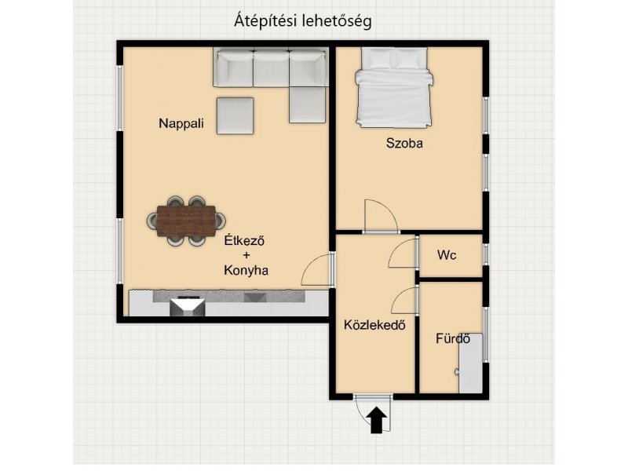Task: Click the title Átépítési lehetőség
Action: (x=303, y=21)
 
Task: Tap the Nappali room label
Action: (x=181, y=123)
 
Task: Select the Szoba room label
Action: (x=404, y=143)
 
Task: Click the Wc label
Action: (x=447, y=254)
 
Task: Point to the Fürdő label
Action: (x=453, y=338)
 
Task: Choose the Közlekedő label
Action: (x=374, y=324)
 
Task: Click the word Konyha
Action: (x=246, y=270)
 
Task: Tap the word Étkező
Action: (x=244, y=241)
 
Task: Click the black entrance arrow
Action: (x=377, y=420)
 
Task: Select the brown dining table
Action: (x=186, y=221)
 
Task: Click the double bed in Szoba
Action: (x=394, y=87)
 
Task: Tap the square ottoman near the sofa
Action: (x=235, y=115)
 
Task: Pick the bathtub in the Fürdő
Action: (x=471, y=363)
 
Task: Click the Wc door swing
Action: (x=403, y=253)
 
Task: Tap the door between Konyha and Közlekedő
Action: (x=316, y=270)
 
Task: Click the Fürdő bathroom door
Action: (x=404, y=301)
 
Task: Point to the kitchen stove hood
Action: (x=188, y=306)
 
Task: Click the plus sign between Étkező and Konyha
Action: (x=246, y=255)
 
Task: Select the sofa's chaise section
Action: (x=307, y=104)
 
